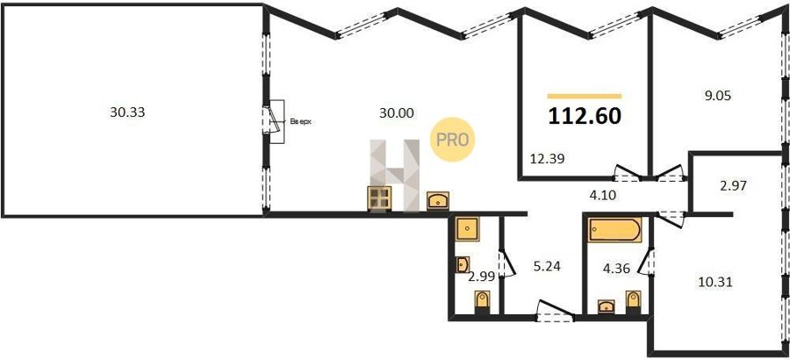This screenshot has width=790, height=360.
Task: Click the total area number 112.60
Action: coord(585,117)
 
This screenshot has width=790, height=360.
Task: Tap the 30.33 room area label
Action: coord(127,112)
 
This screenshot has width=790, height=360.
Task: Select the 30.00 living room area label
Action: coord(397,113)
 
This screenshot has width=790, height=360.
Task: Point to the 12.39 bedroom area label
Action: coord(547,159)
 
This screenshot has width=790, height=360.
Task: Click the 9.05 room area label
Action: coord(717,96)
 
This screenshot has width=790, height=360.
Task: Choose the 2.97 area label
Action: coord(733,185)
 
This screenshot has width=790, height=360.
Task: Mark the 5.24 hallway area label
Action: coord(547,265)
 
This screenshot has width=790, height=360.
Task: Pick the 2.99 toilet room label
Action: coord(482,277)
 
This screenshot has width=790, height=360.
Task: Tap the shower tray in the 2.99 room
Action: coord(468,228)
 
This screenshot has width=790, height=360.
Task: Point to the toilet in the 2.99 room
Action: coord(482,302)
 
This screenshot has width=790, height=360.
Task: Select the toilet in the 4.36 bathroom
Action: coord(633,301)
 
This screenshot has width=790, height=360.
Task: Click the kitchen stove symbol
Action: coord(380,198)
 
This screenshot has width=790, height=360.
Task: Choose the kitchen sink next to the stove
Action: coord(438,201)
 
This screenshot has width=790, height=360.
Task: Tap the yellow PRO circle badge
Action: coord(452,140)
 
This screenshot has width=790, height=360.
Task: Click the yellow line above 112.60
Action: coord(585,96)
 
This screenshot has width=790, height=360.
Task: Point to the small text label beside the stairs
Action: coord(301,121)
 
